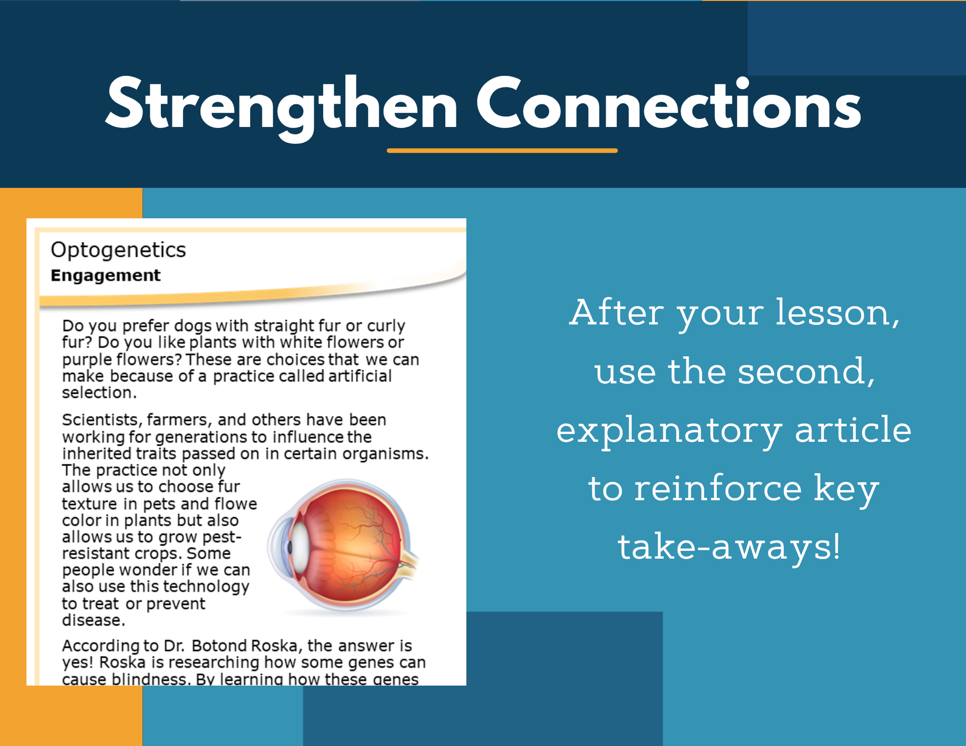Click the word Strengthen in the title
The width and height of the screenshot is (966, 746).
point(281,107)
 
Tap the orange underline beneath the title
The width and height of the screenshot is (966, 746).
point(502,150)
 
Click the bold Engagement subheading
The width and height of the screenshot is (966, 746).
point(105,276)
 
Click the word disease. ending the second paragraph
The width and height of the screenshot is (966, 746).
point(93,620)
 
